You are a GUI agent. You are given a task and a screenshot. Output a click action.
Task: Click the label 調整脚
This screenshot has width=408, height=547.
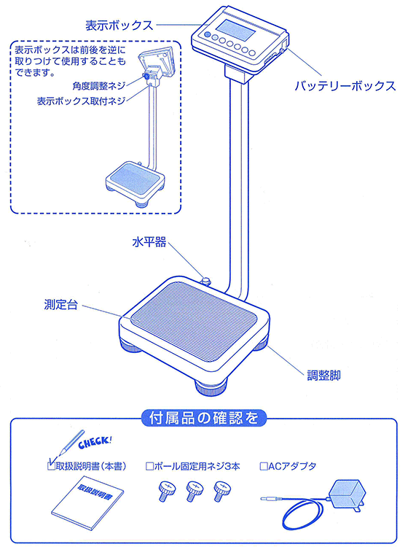click(324, 377)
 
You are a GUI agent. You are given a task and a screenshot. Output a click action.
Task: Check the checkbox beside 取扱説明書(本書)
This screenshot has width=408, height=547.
click(51, 465)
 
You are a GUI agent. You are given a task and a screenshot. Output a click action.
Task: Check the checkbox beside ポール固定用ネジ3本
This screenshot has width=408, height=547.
click(150, 465)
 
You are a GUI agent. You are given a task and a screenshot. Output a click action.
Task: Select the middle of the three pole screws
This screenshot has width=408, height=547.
click(192, 492)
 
